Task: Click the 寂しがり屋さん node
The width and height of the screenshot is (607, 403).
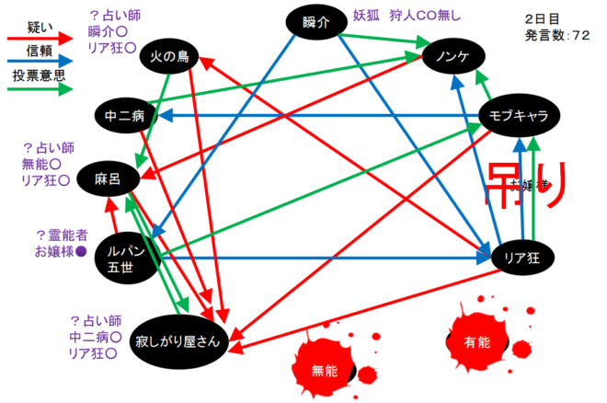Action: tap(177, 340)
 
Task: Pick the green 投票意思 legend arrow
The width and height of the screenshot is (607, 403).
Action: tap(40, 90)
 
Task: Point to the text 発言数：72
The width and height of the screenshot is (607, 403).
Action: tap(557, 35)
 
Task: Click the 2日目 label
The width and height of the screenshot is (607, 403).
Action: tap(544, 18)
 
